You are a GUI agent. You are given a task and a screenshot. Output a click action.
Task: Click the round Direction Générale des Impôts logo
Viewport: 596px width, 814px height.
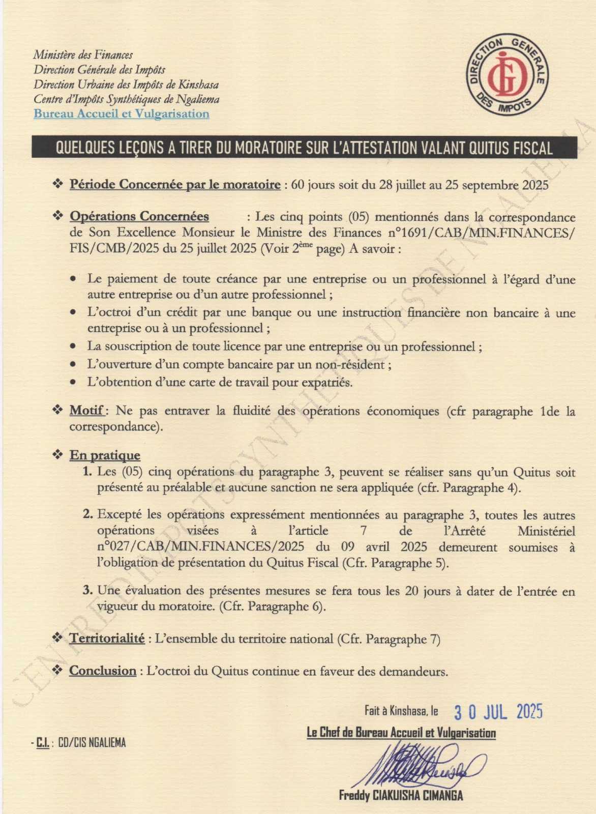coord(507,76)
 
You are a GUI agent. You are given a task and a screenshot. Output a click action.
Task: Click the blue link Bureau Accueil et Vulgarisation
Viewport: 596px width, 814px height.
coord(122,113)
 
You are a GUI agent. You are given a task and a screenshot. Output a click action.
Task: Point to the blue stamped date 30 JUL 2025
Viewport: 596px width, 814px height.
coord(498,712)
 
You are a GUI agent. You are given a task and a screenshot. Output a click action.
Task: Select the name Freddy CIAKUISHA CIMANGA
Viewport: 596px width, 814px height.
coord(401,796)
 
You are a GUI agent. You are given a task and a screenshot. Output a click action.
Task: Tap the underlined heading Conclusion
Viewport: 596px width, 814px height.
coord(103,671)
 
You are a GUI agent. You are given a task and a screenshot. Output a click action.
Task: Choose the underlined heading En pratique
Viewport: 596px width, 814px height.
coord(105,455)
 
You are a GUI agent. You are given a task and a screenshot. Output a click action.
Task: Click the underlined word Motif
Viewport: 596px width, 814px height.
coord(87,410)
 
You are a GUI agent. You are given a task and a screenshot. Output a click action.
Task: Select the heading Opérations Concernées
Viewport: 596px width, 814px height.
coord(139,216)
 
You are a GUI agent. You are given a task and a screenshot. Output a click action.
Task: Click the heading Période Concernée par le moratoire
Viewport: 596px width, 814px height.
coord(175,184)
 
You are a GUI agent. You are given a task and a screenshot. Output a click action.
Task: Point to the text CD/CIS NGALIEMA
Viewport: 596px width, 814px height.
coord(92,742)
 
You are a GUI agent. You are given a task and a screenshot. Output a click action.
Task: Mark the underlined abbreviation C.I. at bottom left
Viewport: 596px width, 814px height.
coord(43,743)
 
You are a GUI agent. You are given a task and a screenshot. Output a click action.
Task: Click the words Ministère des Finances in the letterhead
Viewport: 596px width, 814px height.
coord(83,55)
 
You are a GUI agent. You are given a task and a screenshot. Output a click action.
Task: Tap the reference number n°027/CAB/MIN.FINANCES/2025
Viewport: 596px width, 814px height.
coord(201,547)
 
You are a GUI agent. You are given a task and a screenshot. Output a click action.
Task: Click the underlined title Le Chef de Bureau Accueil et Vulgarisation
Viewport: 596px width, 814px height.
coord(401,733)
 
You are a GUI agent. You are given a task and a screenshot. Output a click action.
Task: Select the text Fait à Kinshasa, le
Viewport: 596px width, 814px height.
coord(401,711)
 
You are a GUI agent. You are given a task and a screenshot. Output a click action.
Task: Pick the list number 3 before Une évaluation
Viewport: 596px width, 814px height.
coord(87,590)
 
